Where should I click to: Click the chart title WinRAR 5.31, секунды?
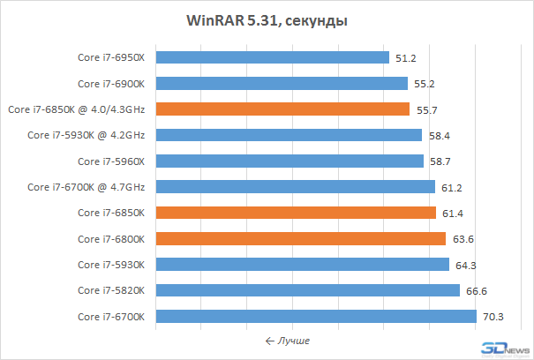pos(267,20)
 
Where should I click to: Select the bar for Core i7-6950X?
pos(273,58)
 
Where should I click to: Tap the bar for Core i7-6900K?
pos(282,84)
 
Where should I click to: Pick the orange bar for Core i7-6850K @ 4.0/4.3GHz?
pos(282,109)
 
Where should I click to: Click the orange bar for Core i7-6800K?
pos(300,238)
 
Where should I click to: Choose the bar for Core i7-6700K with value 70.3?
pos(316,316)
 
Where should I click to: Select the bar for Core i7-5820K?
pos(308,290)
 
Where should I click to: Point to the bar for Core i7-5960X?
pos(290,161)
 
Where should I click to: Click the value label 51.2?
pos(406,58)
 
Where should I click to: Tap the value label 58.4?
pos(439,136)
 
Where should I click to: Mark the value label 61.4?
pos(452,213)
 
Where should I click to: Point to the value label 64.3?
pos(465,265)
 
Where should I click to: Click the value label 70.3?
pos(493,317)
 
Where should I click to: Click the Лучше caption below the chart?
pos(288,340)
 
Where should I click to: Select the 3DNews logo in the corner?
pos(503,349)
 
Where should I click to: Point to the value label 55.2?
pos(425,84)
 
